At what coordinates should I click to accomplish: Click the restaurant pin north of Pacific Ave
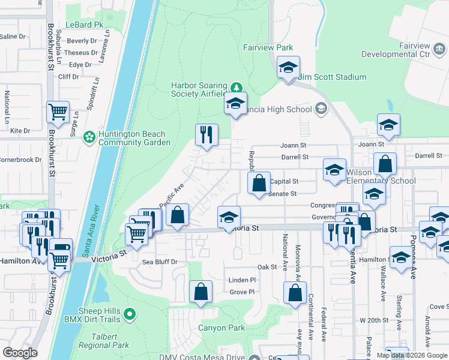206,136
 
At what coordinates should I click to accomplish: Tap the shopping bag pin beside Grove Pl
201,292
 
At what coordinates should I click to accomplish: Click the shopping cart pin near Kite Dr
58,112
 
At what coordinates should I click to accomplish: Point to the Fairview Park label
267,47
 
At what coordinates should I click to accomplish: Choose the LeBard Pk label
85,25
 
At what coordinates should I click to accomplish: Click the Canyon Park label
222,328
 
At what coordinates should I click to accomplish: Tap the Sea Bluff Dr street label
160,262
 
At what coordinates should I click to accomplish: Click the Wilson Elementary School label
381,176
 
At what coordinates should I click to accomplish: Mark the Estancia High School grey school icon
321,109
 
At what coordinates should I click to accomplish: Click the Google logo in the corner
20,353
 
